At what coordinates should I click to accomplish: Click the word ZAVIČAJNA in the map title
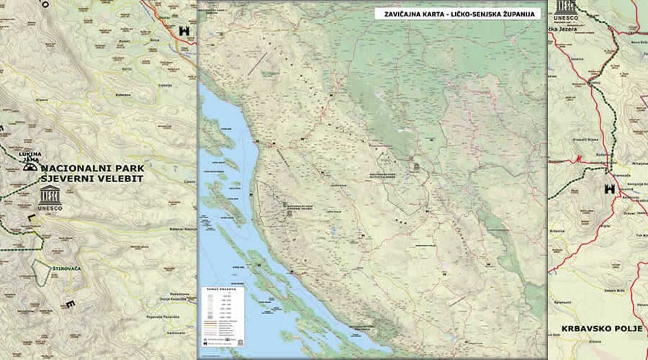pyautogui.click(x=397, y=14)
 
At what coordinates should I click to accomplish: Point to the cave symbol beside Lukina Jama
pyautogui.click(x=30, y=167)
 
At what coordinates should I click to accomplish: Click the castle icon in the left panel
pyautogui.click(x=182, y=31)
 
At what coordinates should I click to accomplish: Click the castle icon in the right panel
pyautogui.click(x=610, y=189)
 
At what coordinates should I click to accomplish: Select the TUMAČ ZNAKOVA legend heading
pyautogui.click(x=214, y=290)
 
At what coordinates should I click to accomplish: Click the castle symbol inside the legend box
pyautogui.click(x=205, y=344)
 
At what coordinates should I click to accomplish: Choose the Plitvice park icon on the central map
pyautogui.click(x=416, y=167)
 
